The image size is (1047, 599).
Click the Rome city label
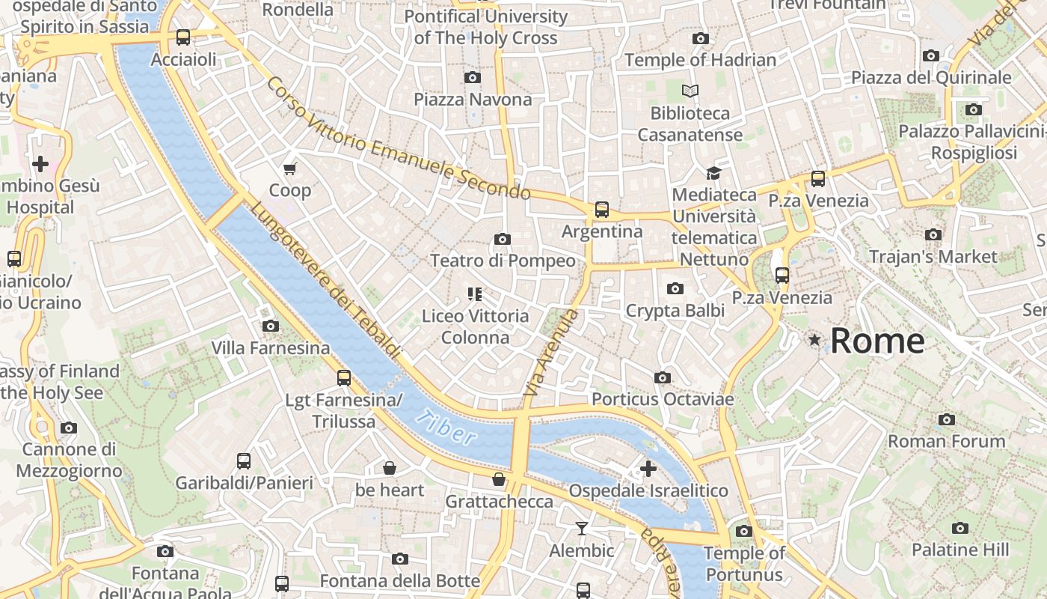click(x=877, y=341)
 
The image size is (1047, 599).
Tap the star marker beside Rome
click(x=814, y=340)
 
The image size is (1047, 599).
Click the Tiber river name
click(x=446, y=428)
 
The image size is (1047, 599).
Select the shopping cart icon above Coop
click(x=290, y=168)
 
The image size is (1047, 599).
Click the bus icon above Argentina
click(x=602, y=210)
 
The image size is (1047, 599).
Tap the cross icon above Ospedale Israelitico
click(x=648, y=469)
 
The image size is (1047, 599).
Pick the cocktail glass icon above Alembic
click(x=582, y=529)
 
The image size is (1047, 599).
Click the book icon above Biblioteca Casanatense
click(x=690, y=91)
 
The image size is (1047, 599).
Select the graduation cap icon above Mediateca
click(x=713, y=173)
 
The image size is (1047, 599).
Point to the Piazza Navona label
click(x=473, y=100)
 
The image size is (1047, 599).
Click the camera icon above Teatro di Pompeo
click(x=503, y=239)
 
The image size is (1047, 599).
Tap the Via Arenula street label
click(x=552, y=353)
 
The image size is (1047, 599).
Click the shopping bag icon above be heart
click(x=390, y=469)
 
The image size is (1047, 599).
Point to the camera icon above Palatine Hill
click(x=960, y=528)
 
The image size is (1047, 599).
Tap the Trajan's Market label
click(x=933, y=257)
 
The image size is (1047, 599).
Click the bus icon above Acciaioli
click(x=183, y=37)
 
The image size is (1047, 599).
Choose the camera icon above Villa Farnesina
click(x=271, y=326)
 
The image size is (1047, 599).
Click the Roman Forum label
click(x=946, y=441)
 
